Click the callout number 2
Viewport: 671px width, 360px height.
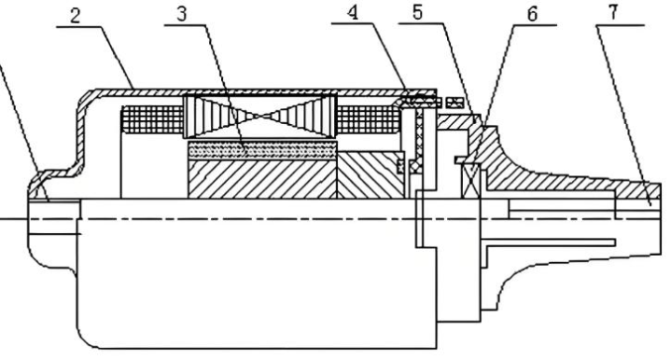[x=75, y=17]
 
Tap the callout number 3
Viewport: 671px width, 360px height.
[x=182, y=14]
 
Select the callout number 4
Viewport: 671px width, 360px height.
[x=352, y=13]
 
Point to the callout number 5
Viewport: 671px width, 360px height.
[x=418, y=12]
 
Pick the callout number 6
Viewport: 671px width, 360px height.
[x=532, y=15]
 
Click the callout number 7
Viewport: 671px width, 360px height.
[x=613, y=12]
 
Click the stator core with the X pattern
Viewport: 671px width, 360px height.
[x=260, y=117]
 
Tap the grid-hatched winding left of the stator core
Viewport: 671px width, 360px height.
[x=152, y=119]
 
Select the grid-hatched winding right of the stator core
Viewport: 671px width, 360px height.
[x=369, y=119]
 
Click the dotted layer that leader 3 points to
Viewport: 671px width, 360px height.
[x=262, y=150]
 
